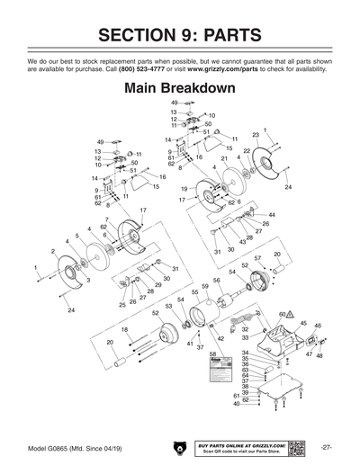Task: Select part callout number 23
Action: pos(255,135)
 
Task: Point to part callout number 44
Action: pos(273,215)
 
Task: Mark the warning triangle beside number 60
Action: pos(292,314)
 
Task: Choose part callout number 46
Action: pos(318,326)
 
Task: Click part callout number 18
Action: pos(124,330)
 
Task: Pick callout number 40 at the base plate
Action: pos(237,405)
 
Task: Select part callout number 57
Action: pos(257,259)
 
